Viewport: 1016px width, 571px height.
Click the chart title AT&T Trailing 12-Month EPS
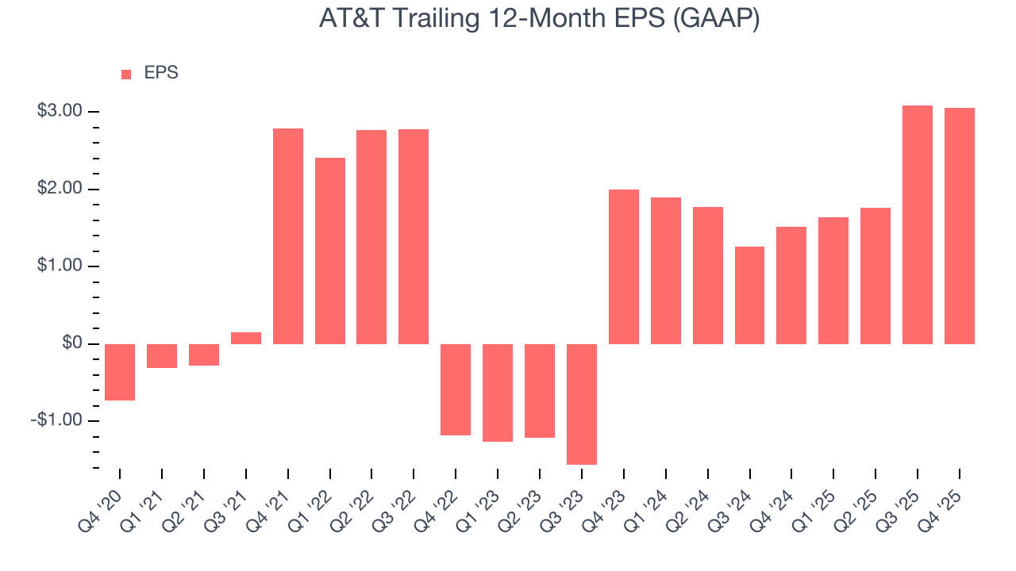[x=539, y=18]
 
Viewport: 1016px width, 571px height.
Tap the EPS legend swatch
[x=126, y=75]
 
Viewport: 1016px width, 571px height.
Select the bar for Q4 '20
[x=120, y=372]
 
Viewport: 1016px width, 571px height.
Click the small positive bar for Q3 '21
[x=246, y=338]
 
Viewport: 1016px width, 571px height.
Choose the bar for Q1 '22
[x=330, y=251]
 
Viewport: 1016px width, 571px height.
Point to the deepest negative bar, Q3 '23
[x=581, y=404]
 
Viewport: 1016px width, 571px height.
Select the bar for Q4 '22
[x=456, y=389]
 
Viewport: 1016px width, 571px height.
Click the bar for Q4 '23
[x=623, y=266]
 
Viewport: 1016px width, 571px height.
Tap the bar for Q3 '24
[x=749, y=295]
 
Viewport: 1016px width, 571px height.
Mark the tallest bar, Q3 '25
[x=917, y=224]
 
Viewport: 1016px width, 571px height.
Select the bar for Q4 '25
[x=959, y=226]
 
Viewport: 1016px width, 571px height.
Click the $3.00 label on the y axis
[x=60, y=111]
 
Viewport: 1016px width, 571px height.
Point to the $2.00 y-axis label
[x=60, y=189]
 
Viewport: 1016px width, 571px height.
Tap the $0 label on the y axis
[x=72, y=343]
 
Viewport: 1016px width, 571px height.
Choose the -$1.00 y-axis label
[x=56, y=420]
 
